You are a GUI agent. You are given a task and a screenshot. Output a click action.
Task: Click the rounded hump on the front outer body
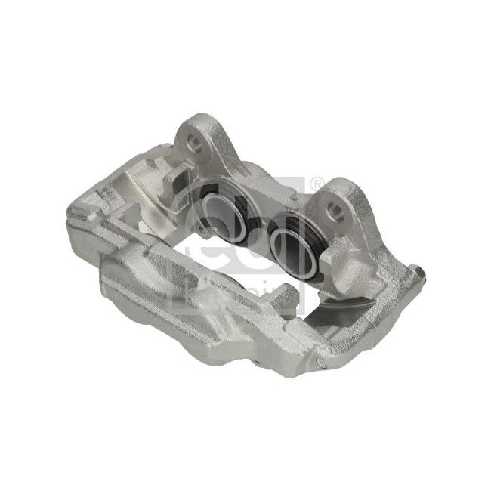point(151,272)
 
